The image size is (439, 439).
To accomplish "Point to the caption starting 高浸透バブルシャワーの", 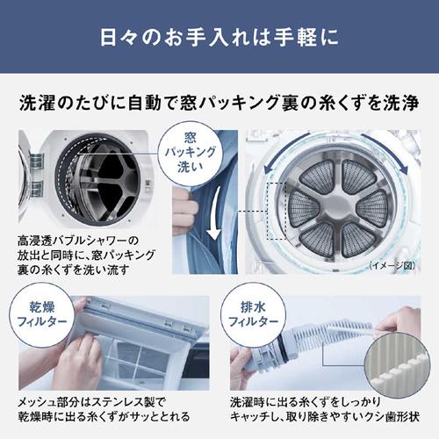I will (84, 254).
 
